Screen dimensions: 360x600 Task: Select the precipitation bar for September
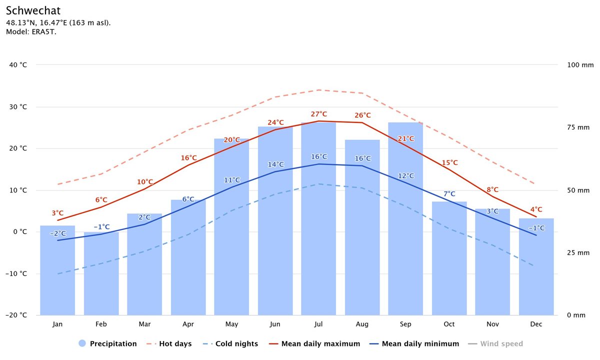tap(405, 220)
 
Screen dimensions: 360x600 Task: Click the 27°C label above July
tap(318, 114)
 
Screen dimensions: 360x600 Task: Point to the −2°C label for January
tap(57, 233)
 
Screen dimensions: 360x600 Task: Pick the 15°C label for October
tap(449, 163)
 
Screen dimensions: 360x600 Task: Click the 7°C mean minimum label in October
tap(449, 194)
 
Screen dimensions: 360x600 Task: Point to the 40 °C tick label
tap(17, 65)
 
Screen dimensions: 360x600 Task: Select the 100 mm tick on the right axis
tap(580, 65)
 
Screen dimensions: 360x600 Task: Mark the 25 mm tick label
tap(578, 252)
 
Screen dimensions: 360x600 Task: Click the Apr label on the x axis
tap(188, 324)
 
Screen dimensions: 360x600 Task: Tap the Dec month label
tap(536, 324)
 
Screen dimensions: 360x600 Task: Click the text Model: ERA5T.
tap(31, 32)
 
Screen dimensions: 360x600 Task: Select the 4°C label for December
tap(536, 210)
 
